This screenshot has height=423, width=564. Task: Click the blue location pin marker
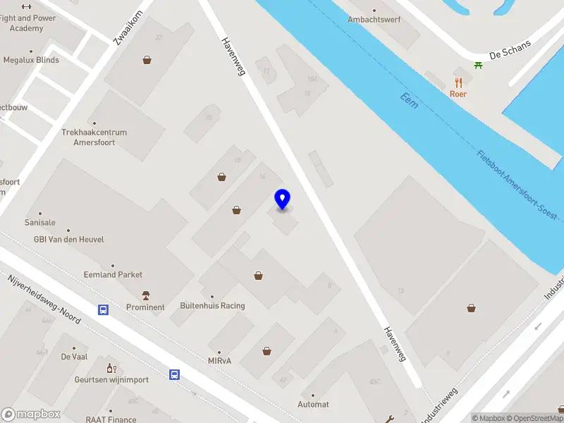pos(283,200)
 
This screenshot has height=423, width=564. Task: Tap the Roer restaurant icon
pos(458,82)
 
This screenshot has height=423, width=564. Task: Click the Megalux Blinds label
pos(31,60)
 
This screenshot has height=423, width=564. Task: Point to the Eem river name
pos(409,102)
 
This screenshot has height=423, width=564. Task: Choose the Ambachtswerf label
pos(374,19)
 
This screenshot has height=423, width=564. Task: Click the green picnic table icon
pos(479,65)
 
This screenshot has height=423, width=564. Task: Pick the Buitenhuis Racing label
pos(212,306)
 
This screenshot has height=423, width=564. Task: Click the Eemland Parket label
pos(113,274)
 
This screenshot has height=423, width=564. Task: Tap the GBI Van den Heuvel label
pos(69,240)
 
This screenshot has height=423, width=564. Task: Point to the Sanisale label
pos(40,222)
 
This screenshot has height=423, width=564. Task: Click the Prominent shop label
pos(145,307)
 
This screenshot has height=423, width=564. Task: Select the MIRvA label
pos(219,361)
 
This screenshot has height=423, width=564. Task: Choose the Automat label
pos(314,404)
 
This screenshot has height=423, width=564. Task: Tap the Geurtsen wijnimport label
pos(111,379)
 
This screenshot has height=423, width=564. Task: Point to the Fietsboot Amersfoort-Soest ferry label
pos(519,185)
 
